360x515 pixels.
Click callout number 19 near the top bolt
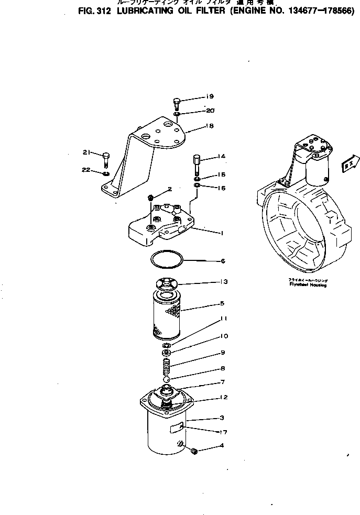[x=210, y=96]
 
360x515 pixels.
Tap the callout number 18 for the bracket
[x=210, y=126]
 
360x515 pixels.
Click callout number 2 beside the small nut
[x=170, y=189]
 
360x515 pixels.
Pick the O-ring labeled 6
[x=166, y=258]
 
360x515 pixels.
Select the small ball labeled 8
[x=166, y=378]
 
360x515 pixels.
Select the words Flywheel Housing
[x=308, y=286]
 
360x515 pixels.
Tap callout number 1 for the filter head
[x=223, y=233]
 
